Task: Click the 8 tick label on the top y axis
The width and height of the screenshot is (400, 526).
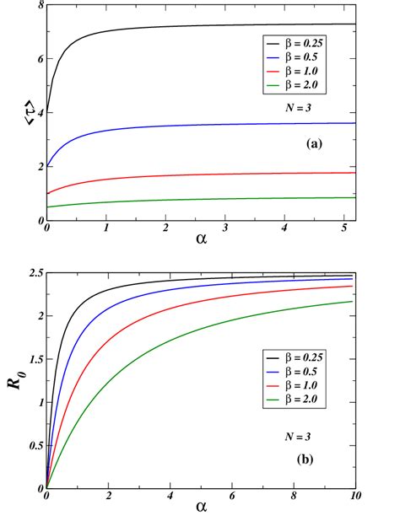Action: [x=39, y=6]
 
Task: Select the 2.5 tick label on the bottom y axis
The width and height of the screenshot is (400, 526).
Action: [x=34, y=273]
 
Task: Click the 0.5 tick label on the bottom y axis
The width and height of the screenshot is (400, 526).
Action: [x=34, y=445]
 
